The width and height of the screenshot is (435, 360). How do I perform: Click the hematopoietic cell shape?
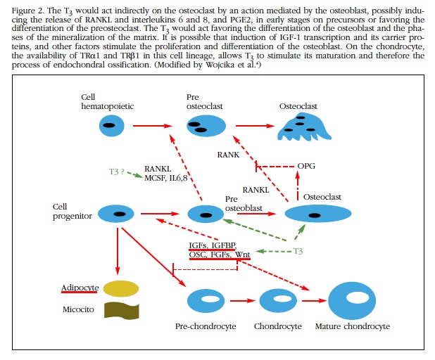[x=108, y=127]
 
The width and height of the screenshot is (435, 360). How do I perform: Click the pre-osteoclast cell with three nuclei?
[x=206, y=127]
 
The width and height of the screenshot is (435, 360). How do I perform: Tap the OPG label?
[x=306, y=166]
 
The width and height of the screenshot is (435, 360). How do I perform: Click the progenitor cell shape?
[x=116, y=213]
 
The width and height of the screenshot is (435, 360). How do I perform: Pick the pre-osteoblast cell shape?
[x=206, y=214]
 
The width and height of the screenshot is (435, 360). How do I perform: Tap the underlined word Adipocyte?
[x=80, y=288]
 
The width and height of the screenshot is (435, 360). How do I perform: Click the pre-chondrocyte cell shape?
[x=206, y=301]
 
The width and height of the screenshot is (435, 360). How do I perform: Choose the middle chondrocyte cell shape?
[x=278, y=301]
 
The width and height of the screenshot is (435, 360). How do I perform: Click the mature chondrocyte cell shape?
[x=351, y=300]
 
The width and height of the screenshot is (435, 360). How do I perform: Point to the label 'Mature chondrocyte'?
[x=352, y=327]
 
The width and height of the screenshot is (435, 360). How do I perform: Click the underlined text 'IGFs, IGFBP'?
[x=212, y=245]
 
